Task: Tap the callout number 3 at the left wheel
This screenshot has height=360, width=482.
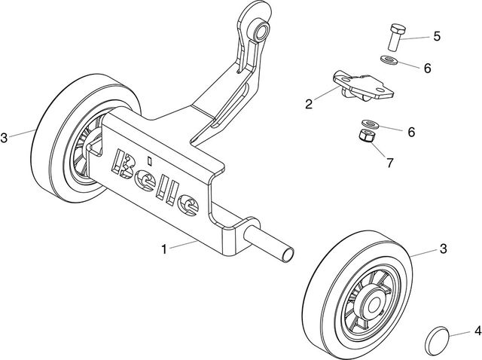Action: coord(5,138)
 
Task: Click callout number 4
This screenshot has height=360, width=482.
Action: coord(477,330)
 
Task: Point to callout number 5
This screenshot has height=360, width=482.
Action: coord(436,35)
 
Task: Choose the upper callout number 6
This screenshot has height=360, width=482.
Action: coord(427,68)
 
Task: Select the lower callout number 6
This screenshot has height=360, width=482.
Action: coord(411,131)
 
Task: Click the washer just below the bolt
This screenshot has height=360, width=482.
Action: coord(390,59)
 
